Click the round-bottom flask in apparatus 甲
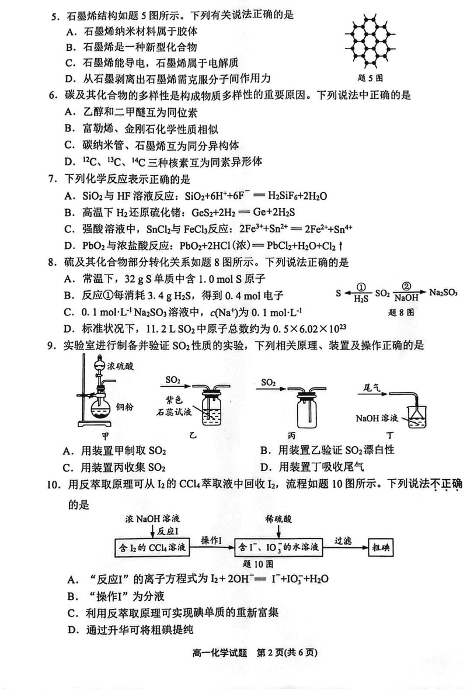99,411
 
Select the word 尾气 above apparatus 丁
372,387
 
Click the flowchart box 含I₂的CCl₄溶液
153,547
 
